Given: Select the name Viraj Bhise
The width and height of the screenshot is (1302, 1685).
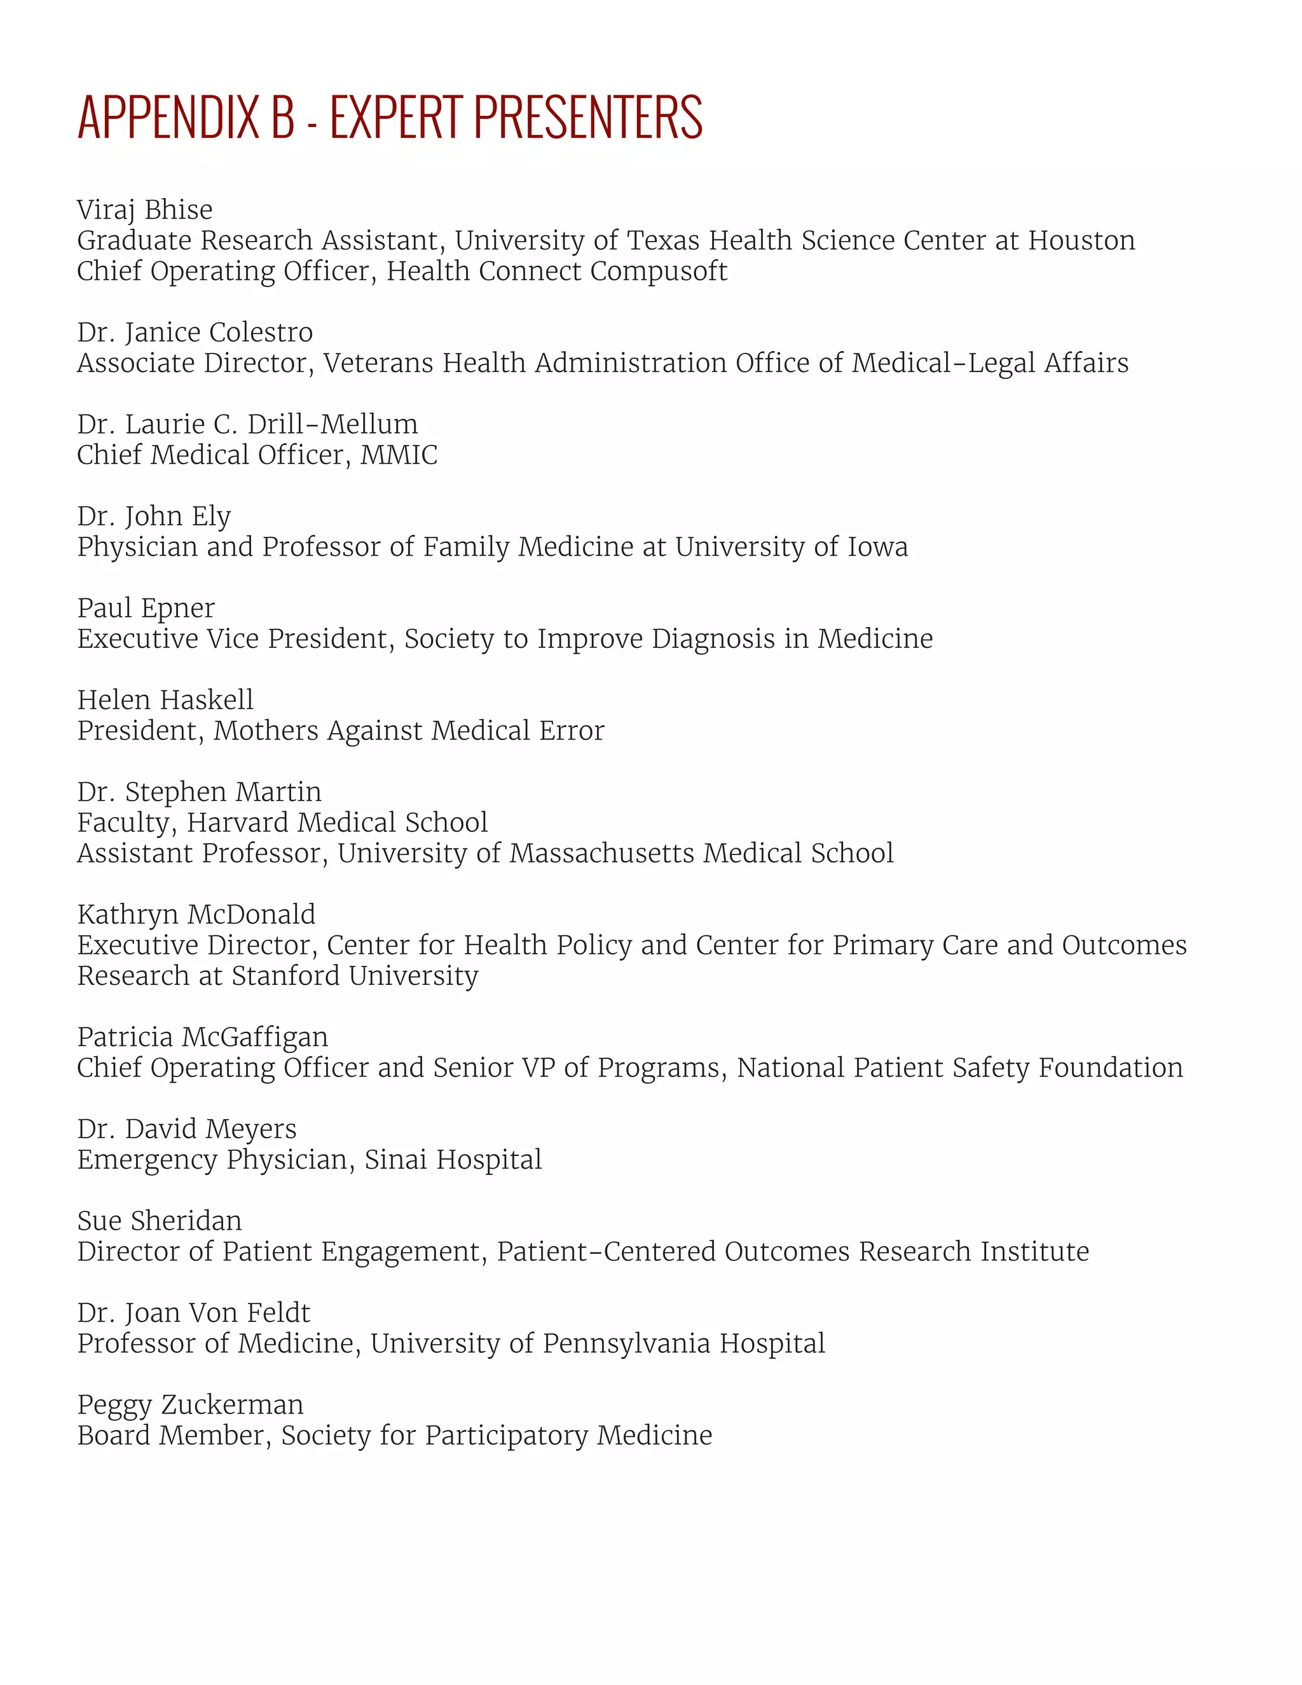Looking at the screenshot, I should [144, 210].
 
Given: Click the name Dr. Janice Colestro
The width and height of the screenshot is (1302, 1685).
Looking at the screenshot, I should [195, 333].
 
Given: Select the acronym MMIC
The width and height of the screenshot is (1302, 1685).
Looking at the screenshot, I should [399, 455].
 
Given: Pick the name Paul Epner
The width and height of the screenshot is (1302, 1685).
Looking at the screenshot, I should [146, 609].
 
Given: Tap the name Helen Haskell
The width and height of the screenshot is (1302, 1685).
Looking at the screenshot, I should [165, 700].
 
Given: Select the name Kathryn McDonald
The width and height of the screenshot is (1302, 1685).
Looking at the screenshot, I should [196, 914].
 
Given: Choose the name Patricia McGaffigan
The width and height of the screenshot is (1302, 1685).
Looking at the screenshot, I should [202, 1038].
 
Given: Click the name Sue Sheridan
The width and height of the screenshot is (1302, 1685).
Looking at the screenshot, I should [159, 1221].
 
